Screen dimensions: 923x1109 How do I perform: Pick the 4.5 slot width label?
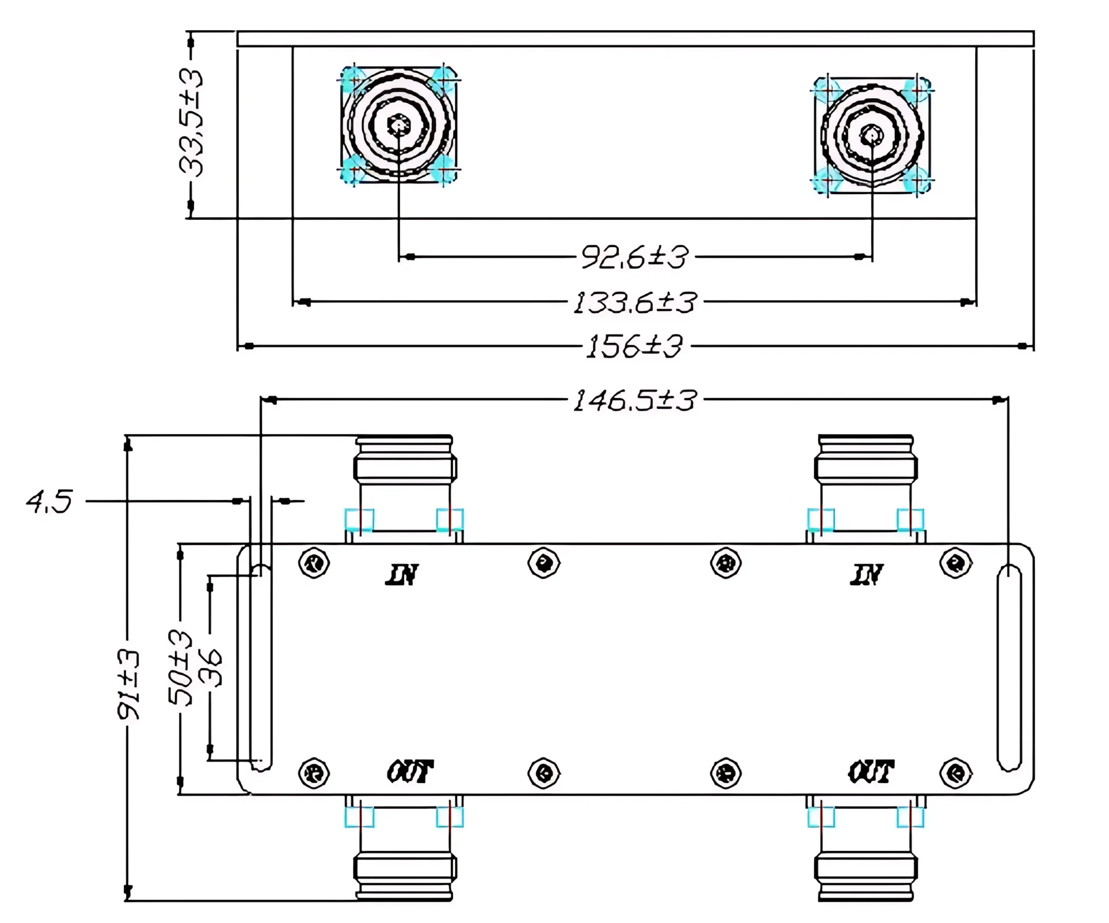[x=49, y=501]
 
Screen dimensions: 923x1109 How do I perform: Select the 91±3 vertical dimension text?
[x=128, y=685]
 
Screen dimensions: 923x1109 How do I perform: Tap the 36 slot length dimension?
[x=212, y=668]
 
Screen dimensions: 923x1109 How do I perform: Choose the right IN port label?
[x=866, y=575]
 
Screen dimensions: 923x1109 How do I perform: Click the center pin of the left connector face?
[x=398, y=125]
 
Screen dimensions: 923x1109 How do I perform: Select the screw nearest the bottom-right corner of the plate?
[x=955, y=773]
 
